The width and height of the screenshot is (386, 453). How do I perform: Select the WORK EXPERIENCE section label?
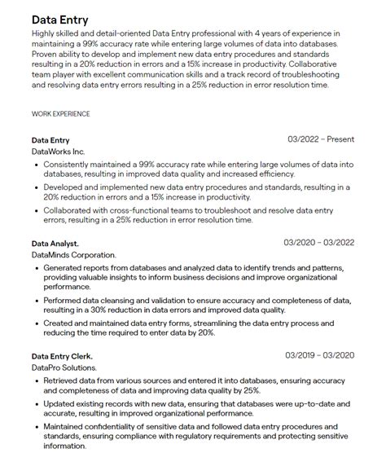pyautogui.click(x=61, y=114)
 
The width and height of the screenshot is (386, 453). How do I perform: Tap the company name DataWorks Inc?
pyautogui.click(x=58, y=152)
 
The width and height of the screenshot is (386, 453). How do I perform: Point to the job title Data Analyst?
pyautogui.click(x=55, y=244)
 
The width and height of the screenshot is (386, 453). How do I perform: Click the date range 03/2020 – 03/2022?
pyautogui.click(x=318, y=243)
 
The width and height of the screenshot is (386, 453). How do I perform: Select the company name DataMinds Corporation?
pyautogui.click(x=73, y=255)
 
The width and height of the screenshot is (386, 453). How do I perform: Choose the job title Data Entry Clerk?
pyautogui.click(x=62, y=356)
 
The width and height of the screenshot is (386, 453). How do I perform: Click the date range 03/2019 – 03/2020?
pyautogui.click(x=319, y=355)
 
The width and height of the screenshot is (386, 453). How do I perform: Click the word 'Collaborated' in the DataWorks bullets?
pyautogui.click(x=69, y=209)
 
